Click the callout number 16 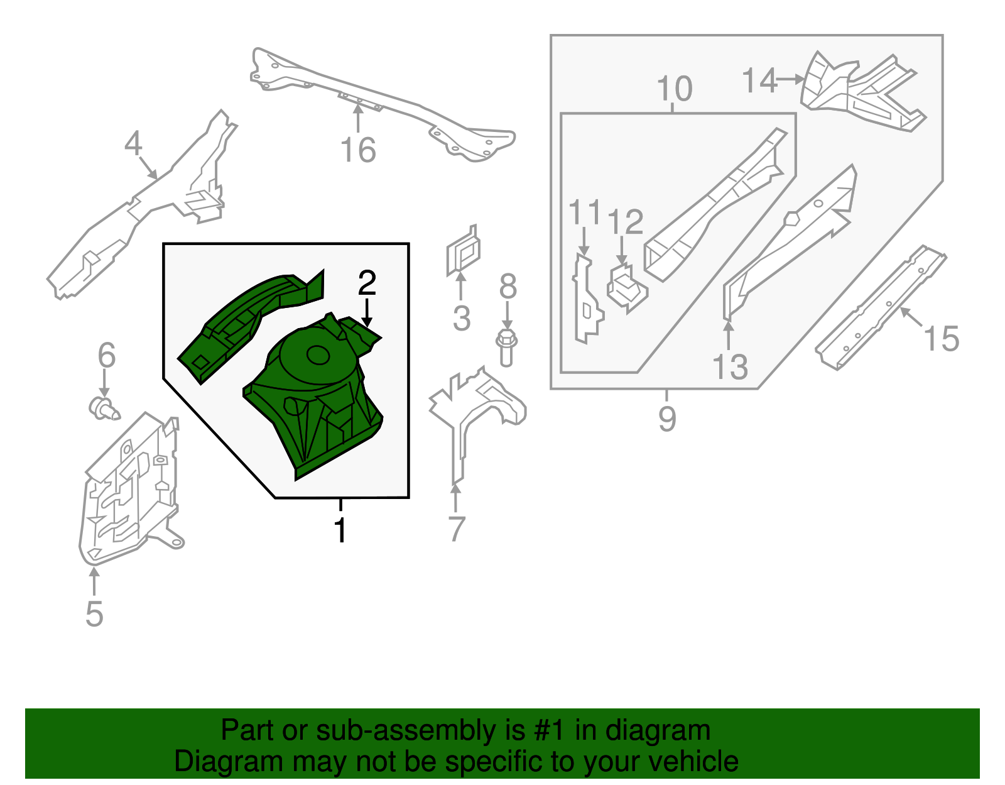point(357,151)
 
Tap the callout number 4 point(133,144)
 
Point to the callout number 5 point(94,613)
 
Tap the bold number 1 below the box point(340,531)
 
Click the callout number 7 point(457,529)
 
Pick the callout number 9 point(667,419)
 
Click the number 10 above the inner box point(675,89)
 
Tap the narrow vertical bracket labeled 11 point(587,299)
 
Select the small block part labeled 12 point(626,287)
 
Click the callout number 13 point(730,367)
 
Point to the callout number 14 point(759,81)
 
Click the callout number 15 point(942,339)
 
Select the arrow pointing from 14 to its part point(791,80)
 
